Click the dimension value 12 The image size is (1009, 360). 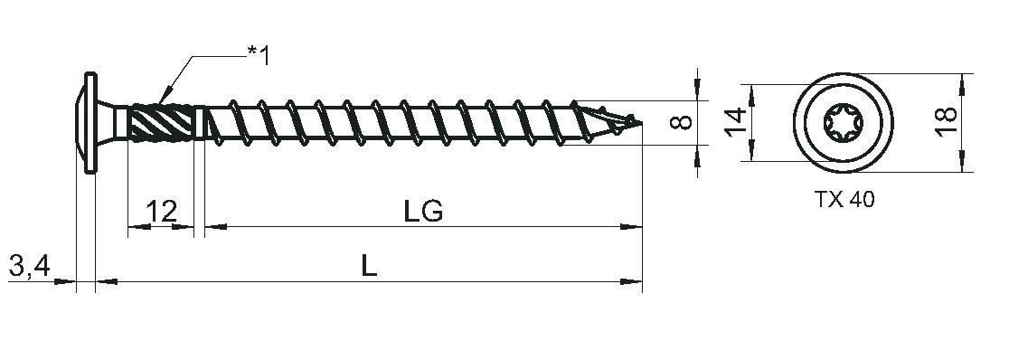161,211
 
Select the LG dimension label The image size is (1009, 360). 423,211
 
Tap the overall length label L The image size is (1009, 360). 368,266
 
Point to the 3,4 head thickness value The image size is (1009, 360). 30,265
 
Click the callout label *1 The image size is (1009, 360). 259,55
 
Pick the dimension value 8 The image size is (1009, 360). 681,122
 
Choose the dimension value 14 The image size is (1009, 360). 736,122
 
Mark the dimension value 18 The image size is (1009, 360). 946,122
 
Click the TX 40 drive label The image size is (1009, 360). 845,200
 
